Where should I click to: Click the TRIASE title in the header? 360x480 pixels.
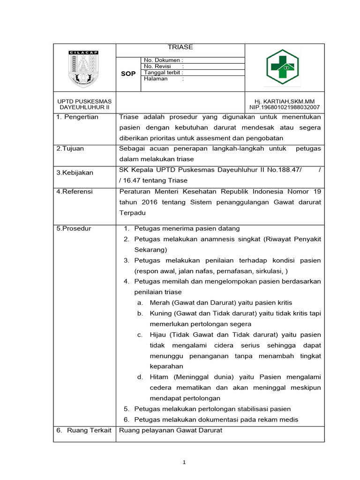[x=180, y=47]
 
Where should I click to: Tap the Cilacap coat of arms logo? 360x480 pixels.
[x=84, y=68]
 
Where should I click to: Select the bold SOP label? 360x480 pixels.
[x=128, y=74]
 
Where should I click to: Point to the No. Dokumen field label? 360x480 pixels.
[x=163, y=60]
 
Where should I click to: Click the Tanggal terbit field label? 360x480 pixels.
[x=163, y=73]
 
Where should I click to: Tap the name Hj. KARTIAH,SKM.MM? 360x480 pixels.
[x=285, y=101]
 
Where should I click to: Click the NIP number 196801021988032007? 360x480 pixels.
[x=285, y=107]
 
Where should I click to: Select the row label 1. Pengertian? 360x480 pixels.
[x=77, y=117]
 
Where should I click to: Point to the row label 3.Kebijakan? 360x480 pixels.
[x=75, y=172]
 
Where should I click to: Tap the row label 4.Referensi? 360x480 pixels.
[x=75, y=191]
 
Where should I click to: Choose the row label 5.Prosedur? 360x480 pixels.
[x=74, y=229]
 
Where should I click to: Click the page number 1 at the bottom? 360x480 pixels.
[x=185, y=463]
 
